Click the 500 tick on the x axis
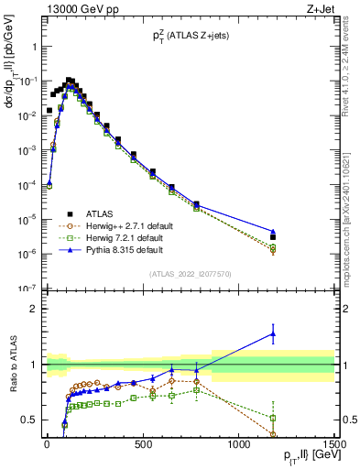coord(142,444)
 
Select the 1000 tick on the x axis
coord(238,444)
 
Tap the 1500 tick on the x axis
coord(333,444)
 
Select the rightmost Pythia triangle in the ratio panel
coord(273,334)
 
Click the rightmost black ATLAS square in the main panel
coord(273,237)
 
